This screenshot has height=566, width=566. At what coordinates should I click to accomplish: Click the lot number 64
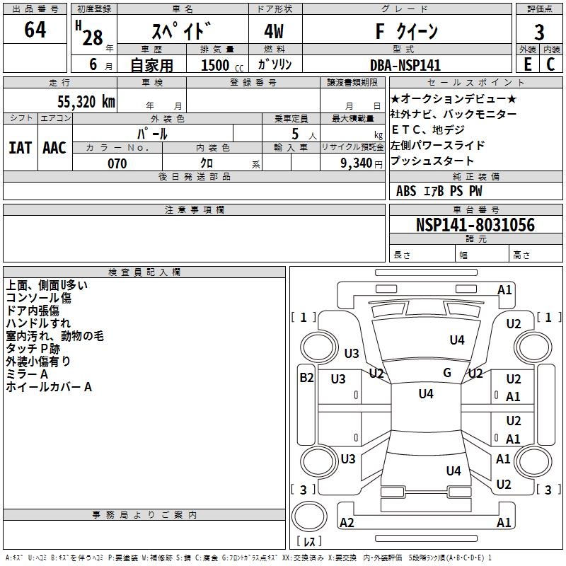[35, 31]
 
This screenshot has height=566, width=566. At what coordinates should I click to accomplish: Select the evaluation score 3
[539, 33]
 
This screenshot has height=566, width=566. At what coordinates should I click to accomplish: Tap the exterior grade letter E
[527, 64]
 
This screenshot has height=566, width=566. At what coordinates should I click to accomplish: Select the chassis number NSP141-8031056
[475, 225]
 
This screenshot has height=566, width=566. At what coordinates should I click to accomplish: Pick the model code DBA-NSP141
[405, 65]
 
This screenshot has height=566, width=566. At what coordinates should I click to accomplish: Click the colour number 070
[117, 163]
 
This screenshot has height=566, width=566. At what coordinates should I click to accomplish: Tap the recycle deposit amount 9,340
[353, 163]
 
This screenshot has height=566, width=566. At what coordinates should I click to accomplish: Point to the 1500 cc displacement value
[215, 65]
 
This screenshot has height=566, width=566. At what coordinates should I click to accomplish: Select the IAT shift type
[21, 148]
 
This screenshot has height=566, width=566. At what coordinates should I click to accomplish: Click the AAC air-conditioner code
[54, 148]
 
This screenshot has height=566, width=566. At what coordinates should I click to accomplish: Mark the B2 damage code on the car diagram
[306, 378]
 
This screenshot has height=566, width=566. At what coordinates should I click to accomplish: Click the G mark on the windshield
[447, 373]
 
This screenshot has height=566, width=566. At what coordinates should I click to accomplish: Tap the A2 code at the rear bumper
[347, 523]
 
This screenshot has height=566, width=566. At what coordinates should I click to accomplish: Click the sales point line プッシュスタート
[432, 161]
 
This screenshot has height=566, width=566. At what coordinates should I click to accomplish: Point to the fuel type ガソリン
[275, 64]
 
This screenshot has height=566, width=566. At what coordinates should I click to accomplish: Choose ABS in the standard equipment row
[406, 191]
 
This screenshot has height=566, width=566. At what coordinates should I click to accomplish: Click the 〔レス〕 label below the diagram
[309, 541]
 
